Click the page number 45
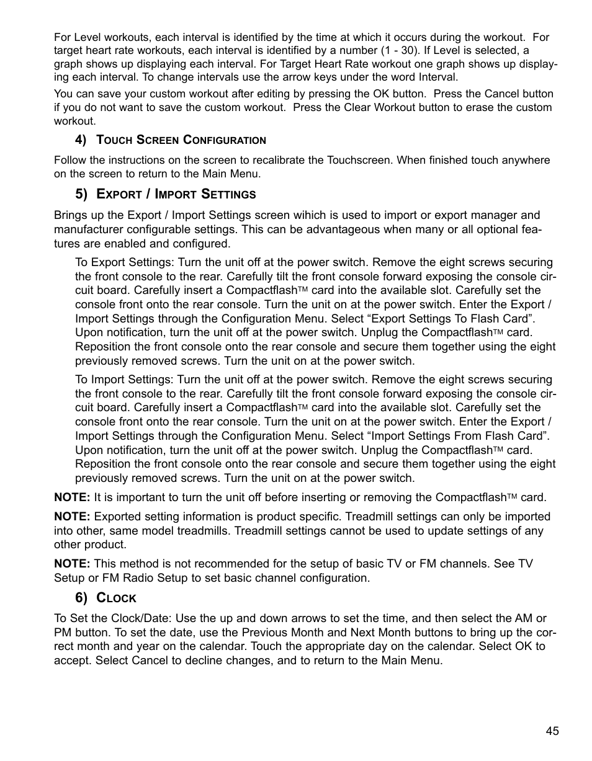[552, 731]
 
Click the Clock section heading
[117, 598]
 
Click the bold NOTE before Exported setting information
[72, 517]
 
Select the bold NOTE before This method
[72, 564]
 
